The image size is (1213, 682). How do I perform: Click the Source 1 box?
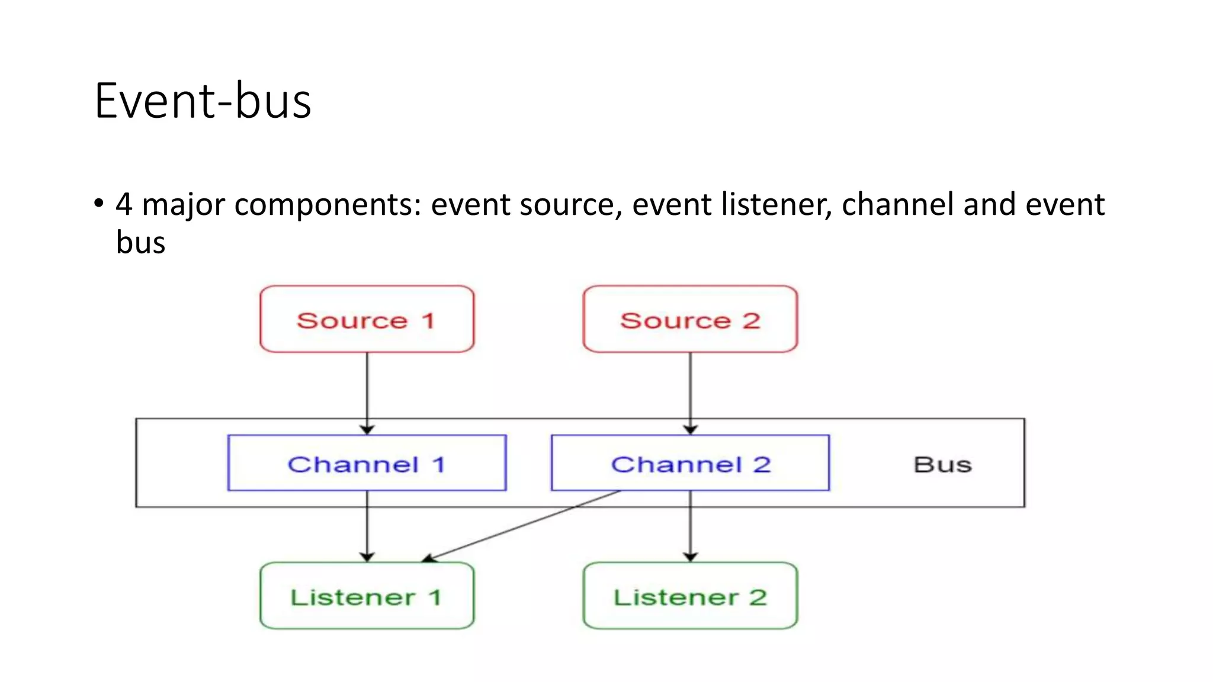[367, 320]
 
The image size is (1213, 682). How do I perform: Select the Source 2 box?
[690, 320]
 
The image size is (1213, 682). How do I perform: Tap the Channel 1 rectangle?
[367, 464]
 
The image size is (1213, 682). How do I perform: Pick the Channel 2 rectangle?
[690, 464]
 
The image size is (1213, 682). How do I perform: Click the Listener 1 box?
[367, 596]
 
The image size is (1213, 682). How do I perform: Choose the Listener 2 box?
[690, 596]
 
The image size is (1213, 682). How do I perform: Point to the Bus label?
[942, 465]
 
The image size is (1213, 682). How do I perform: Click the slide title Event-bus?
[203, 101]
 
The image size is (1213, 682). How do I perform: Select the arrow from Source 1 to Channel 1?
[367, 391]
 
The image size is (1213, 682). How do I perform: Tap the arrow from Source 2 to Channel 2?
[690, 391]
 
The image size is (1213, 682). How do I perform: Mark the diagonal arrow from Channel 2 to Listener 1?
[521, 526]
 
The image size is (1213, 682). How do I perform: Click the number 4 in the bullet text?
[124, 205]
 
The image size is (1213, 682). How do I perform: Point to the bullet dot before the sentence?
[98, 204]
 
